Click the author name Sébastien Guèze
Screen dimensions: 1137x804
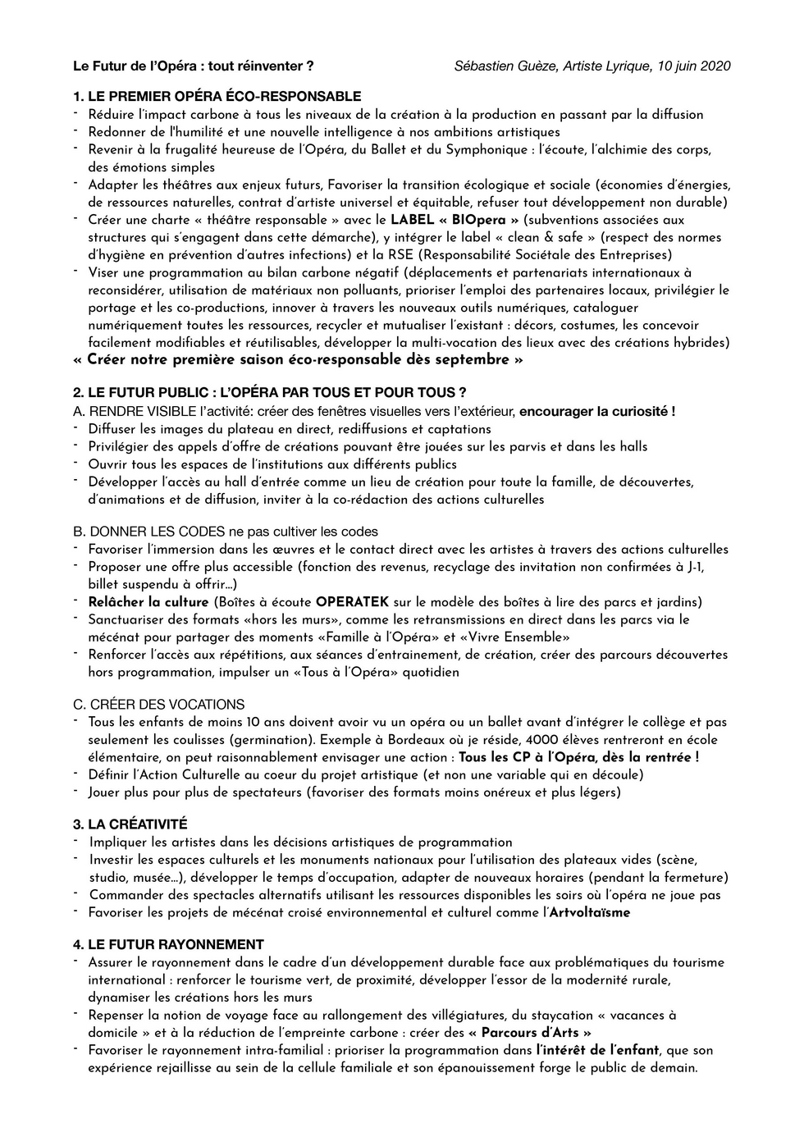(x=505, y=66)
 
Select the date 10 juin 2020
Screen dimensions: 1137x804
(x=695, y=66)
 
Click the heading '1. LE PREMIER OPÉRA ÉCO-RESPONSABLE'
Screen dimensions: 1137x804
(x=217, y=97)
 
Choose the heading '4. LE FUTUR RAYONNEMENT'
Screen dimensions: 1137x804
(x=168, y=944)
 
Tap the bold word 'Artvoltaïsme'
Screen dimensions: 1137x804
(x=589, y=912)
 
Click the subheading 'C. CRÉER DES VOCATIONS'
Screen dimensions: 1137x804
(x=159, y=704)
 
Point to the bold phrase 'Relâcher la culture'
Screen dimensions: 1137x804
(x=148, y=602)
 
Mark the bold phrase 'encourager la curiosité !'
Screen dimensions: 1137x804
(x=597, y=411)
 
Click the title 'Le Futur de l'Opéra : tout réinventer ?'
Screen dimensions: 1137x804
(x=194, y=66)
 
